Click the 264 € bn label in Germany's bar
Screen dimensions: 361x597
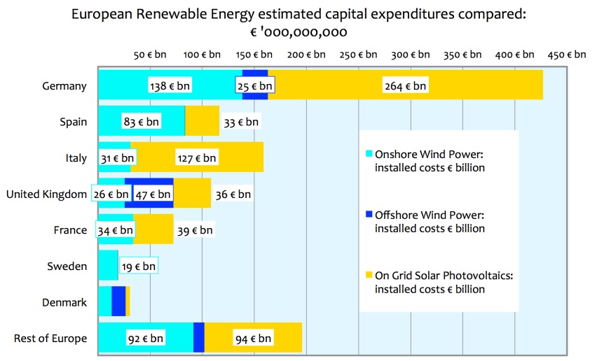405,86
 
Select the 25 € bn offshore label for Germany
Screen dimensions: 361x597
254,86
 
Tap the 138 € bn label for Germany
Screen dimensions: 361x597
170,86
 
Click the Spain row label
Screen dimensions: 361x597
74,122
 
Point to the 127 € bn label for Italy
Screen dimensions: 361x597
197,158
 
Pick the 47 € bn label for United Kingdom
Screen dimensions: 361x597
153,194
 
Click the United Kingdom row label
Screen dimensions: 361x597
46,194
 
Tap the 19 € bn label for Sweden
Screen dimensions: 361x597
138,267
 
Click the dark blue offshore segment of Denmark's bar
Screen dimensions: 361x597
118,302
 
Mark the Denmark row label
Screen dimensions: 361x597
64,302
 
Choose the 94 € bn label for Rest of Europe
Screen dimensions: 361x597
253,339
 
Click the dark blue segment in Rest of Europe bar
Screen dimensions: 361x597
198,338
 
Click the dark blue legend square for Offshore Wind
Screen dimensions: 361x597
369,215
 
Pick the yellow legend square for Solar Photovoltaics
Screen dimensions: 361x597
369,276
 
